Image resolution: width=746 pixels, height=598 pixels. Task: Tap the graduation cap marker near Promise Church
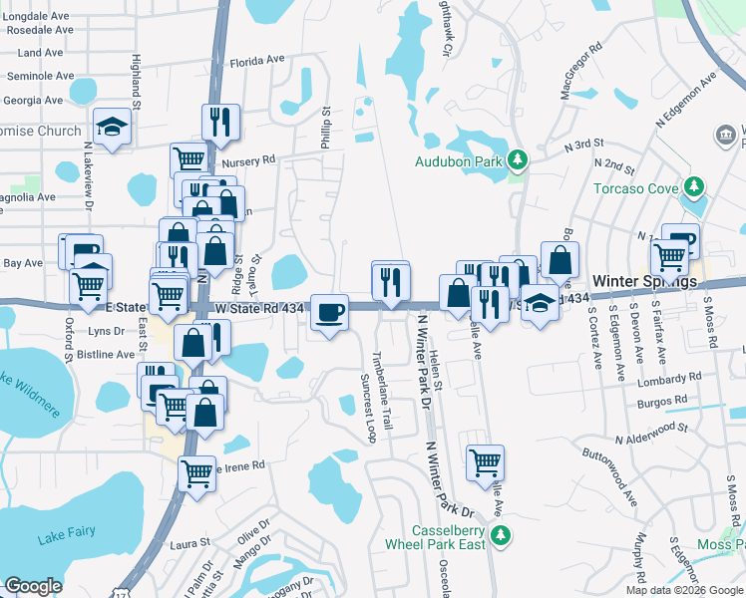click(113, 127)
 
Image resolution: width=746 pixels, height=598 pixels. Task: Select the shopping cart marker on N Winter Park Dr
click(485, 461)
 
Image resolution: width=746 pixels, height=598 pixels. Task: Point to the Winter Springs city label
click(644, 282)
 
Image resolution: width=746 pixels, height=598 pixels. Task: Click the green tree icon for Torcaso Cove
click(694, 187)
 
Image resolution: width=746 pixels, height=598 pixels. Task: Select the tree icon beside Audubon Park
click(517, 160)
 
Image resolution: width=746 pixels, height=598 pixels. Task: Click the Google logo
click(33, 586)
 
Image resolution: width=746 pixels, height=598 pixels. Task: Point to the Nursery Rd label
click(248, 160)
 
